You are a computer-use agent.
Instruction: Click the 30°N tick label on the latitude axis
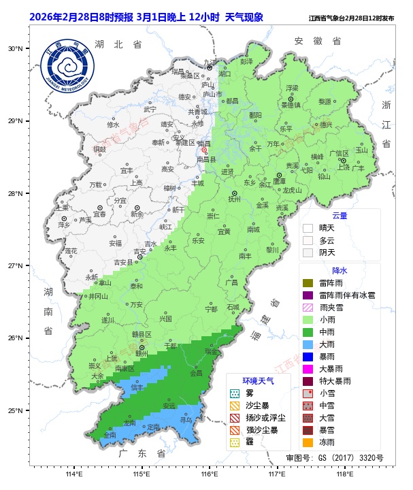(16, 49)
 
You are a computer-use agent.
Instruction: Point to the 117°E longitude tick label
(277, 474)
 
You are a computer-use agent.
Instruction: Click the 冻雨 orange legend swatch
(308, 442)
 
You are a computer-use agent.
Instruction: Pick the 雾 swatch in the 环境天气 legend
(235, 393)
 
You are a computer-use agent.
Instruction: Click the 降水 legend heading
(340, 271)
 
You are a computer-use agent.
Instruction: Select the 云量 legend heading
(340, 216)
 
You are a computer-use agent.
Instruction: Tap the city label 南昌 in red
(203, 144)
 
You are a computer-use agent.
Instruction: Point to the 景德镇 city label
(291, 105)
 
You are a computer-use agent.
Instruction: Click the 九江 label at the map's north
(210, 62)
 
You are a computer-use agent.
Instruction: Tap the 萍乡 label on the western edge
(64, 225)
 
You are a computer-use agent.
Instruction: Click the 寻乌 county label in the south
(186, 420)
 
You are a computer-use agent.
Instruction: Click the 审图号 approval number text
(334, 458)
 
